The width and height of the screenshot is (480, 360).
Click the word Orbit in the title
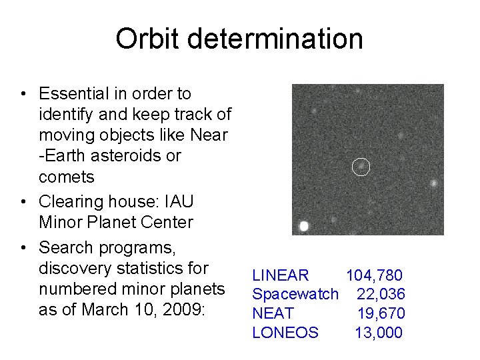pos(145,39)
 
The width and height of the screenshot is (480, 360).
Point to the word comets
pos(67,177)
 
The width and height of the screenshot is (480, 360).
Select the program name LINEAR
pos(280,275)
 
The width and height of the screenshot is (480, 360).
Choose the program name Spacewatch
pos(295,294)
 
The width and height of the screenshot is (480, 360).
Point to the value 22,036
pos(381,294)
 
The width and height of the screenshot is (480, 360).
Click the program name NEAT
pos(273,313)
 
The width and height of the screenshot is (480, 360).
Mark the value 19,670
pos(381,313)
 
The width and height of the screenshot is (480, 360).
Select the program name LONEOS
pos(285,333)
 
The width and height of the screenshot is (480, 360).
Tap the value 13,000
pos(379,333)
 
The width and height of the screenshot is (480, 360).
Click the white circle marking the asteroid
pos(360,167)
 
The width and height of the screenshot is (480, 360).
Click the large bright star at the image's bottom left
pos(304,226)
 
